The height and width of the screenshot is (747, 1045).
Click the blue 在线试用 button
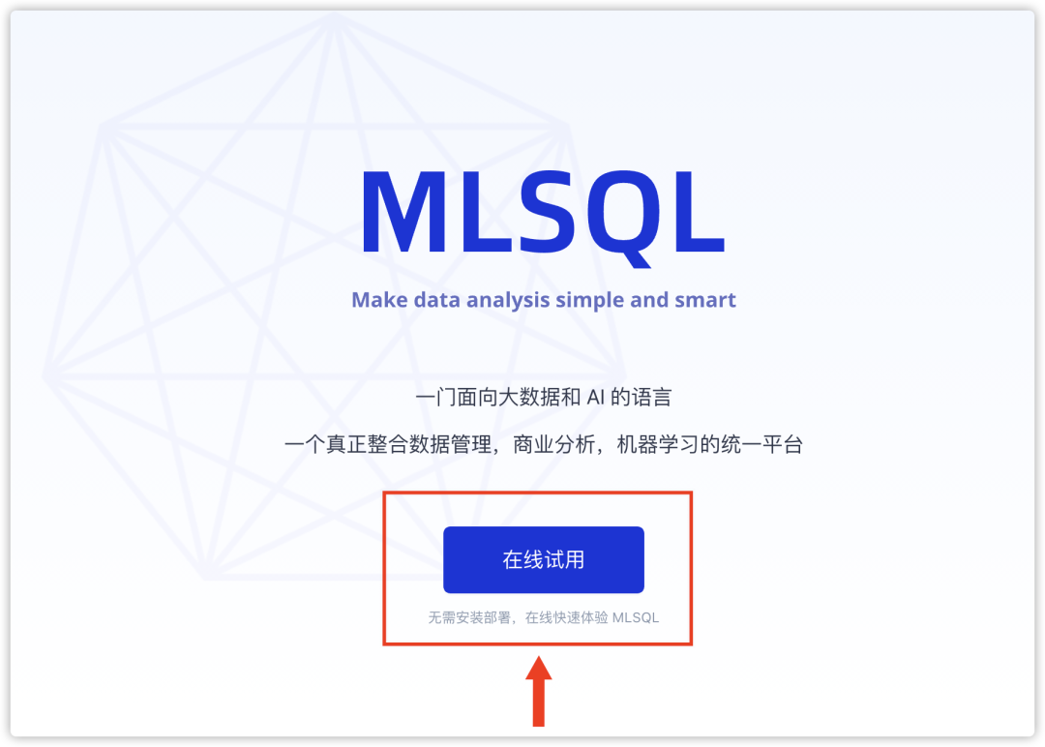pos(543,559)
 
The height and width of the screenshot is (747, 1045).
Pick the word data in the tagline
pos(436,300)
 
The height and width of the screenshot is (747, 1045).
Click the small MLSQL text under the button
pos(636,617)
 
